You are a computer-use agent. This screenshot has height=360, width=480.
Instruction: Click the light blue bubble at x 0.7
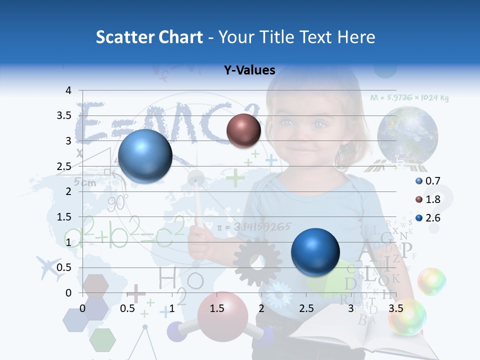pos(145,156)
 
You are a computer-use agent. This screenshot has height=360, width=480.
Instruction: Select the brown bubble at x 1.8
pos(243,131)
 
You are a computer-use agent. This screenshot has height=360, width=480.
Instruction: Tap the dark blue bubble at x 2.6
pos(315,252)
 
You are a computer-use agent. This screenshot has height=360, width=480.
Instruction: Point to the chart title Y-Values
pos(249,70)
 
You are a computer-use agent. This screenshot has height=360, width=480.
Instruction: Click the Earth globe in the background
pos(407,134)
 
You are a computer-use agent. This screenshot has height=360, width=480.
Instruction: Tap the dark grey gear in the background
pos(257,261)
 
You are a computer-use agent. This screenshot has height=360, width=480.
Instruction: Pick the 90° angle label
pos(118,202)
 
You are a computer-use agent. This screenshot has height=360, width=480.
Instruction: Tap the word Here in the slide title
pos(355,37)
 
